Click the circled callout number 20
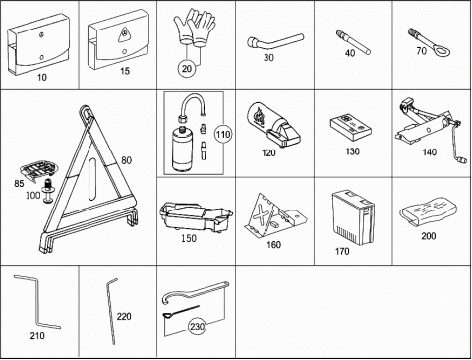click(186, 69)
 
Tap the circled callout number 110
click(223, 134)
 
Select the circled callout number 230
click(197, 327)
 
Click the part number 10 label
click(42, 78)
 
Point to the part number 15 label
click(125, 71)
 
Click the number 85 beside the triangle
click(19, 183)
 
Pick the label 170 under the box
click(342, 251)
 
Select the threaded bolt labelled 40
click(353, 42)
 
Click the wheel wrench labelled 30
click(274, 42)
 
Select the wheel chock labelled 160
click(274, 215)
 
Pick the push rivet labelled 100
click(48, 191)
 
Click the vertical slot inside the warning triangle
click(93, 178)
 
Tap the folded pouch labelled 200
click(428, 210)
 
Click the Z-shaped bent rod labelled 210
click(37, 301)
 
